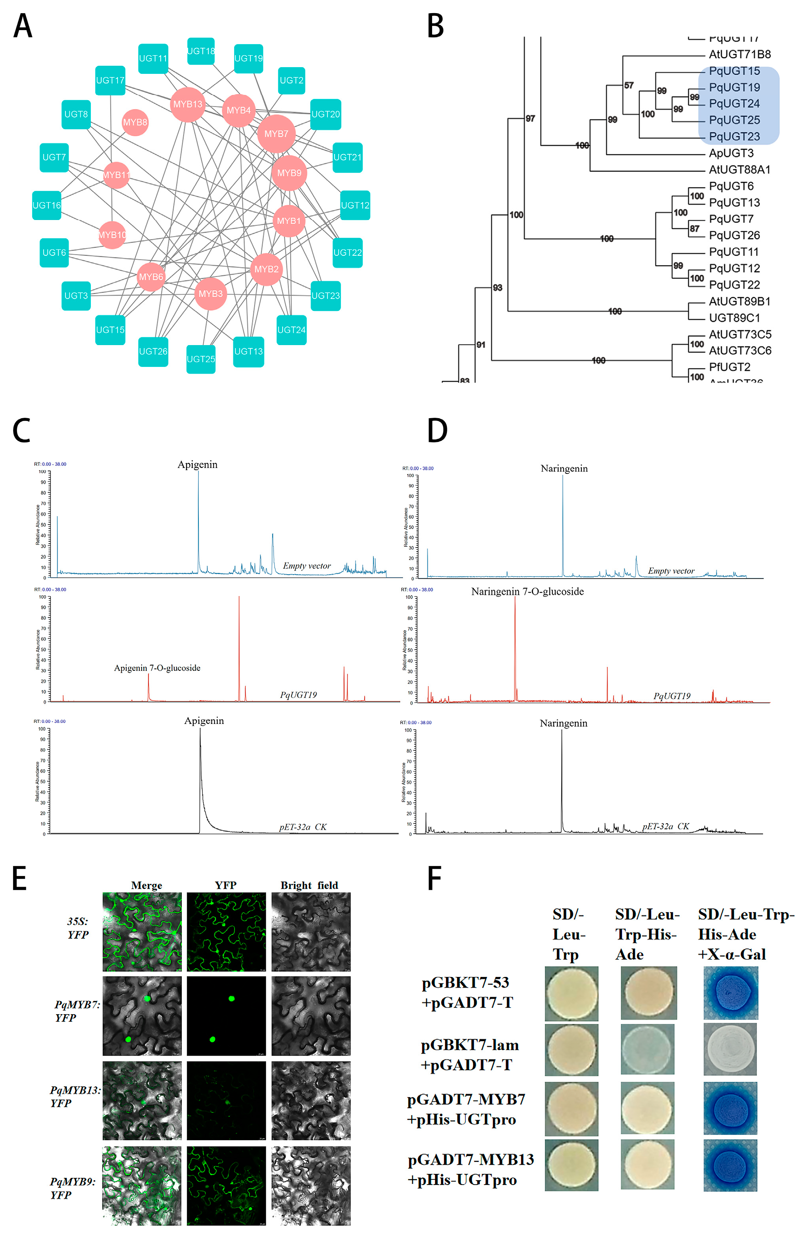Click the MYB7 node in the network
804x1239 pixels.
coord(276,134)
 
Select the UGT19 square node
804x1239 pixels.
coord(248,58)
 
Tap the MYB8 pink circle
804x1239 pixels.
coord(135,122)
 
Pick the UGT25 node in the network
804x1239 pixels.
coord(201,359)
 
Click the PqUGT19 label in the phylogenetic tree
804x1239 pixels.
coord(734,87)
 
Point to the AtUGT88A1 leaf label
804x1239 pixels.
coord(739,170)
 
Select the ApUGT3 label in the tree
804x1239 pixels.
coord(731,153)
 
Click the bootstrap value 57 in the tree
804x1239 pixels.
coord(629,85)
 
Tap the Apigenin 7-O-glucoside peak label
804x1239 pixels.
coord(157,668)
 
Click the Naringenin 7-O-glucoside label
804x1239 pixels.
coord(527,591)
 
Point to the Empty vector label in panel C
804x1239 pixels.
coord(306,566)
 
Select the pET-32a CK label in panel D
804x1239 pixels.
coord(665,826)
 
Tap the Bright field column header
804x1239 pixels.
coord(309,885)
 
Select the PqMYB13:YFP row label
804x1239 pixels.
coord(75,1096)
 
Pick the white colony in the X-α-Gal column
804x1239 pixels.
coord(729,1050)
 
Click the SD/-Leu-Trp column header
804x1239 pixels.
coord(568,934)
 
